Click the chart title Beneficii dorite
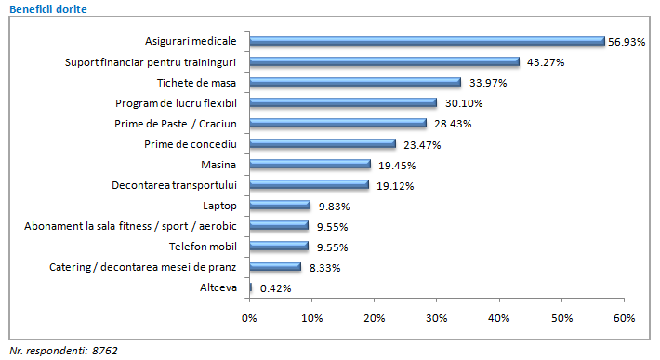(48, 9)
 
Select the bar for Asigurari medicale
(428, 41)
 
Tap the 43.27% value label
(546, 62)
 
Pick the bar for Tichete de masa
(355, 82)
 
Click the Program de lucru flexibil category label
(176, 103)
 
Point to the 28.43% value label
(453, 124)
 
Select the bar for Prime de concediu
(323, 143)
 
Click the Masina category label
(218, 165)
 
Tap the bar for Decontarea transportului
(310, 184)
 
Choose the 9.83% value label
(335, 207)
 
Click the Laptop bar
(280, 205)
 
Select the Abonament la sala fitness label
(130, 226)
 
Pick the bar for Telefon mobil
(279, 246)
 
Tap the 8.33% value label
(325, 268)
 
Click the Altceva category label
(218, 287)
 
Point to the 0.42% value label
(276, 288)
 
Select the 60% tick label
(625, 318)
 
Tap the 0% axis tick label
(249, 318)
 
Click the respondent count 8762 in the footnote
(105, 351)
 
